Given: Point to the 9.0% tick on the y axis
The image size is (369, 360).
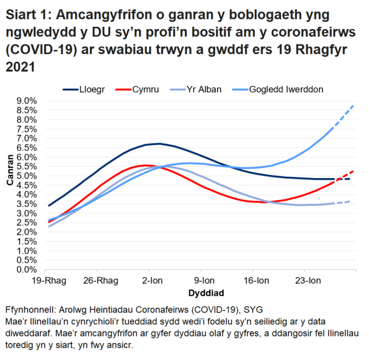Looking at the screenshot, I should coord(27,101).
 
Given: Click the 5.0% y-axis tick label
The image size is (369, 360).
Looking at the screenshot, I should coord(27,176).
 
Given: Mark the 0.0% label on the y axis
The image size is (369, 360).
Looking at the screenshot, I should coord(27,270).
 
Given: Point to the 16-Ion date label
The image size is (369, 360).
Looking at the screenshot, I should coord(256,280).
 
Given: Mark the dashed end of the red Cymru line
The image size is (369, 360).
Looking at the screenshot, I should coord(348,174).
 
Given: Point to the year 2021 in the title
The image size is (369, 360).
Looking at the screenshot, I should coord(21,67).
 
